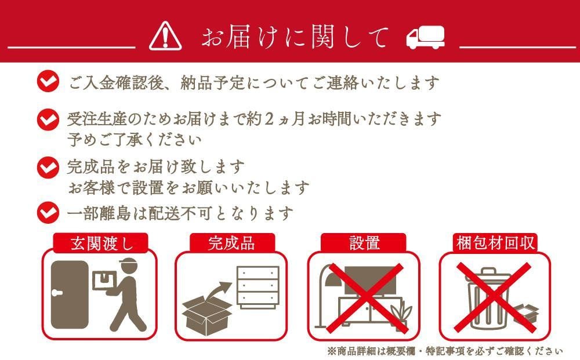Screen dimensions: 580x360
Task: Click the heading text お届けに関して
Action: (x=295, y=37)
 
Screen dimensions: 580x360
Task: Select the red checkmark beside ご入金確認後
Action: (x=48, y=81)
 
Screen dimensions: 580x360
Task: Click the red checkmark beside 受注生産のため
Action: (x=48, y=119)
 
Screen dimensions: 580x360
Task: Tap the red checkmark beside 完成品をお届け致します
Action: (x=48, y=168)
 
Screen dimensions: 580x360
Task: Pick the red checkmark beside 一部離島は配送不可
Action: (x=48, y=213)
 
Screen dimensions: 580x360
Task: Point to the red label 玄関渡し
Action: (x=100, y=243)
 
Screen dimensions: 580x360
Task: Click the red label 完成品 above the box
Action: (x=232, y=243)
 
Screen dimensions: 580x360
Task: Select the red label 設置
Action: (x=364, y=243)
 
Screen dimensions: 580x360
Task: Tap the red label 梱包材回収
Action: (x=495, y=243)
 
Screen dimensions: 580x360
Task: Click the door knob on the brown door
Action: (x=57, y=293)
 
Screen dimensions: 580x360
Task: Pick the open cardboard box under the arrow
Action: (x=207, y=314)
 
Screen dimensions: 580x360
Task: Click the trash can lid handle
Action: (x=488, y=271)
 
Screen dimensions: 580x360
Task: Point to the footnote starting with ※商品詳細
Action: (x=445, y=351)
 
